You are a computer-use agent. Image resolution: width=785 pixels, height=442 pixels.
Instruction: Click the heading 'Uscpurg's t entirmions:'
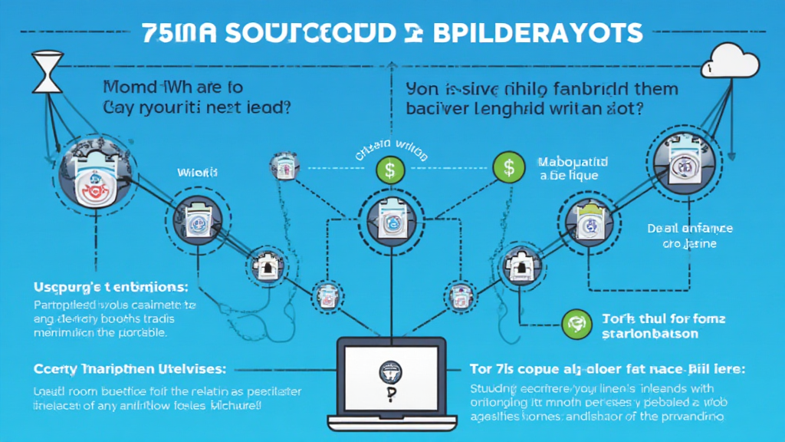coord(111,288)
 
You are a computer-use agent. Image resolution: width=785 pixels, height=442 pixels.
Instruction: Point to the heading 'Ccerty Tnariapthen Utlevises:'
coord(122,369)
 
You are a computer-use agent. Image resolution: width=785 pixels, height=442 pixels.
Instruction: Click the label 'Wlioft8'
coord(198,173)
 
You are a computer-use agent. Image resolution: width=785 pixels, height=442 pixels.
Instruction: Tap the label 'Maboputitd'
coord(572,162)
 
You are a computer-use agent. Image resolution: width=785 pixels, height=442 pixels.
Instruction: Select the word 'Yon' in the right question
coord(421,87)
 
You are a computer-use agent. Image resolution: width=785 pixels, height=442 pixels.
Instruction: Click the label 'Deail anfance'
coord(689,228)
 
